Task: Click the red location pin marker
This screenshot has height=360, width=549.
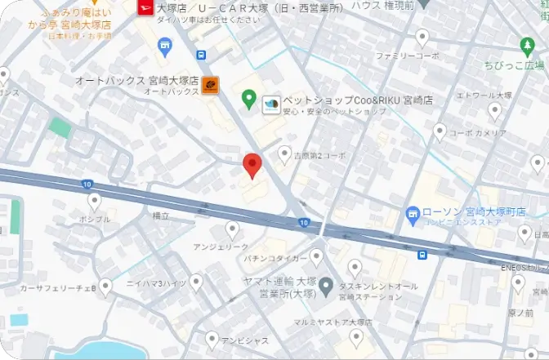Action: (252, 165)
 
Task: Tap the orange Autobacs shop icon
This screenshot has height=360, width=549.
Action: (210, 84)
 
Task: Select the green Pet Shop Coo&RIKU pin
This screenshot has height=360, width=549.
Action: (250, 100)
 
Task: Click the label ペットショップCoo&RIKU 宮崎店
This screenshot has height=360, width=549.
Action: (358, 100)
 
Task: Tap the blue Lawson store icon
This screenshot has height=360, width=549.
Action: (413, 213)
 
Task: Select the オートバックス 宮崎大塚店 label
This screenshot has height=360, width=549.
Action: (136, 80)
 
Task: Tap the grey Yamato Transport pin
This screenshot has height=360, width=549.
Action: (325, 286)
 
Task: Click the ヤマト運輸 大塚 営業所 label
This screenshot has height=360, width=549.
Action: (279, 286)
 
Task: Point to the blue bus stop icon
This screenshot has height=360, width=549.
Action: (422, 255)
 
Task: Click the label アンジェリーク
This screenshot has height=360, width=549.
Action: (220, 246)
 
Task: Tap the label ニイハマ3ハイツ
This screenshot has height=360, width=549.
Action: (157, 282)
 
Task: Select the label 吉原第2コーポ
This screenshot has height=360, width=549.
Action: (319, 155)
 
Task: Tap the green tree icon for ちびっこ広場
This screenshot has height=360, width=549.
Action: (526, 46)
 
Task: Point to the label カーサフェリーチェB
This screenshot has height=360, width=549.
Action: (59, 288)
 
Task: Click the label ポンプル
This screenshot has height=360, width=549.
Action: (95, 220)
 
